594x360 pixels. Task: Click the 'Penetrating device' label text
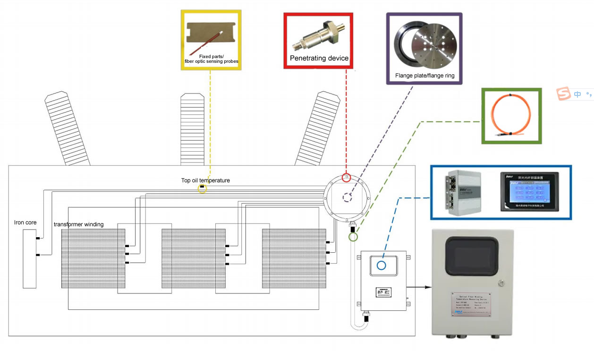click(319, 59)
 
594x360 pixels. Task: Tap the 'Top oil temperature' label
click(205, 180)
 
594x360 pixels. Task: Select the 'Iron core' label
click(25, 223)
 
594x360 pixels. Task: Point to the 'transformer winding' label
click(78, 224)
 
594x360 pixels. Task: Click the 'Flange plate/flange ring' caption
click(424, 76)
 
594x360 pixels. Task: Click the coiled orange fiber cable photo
click(511, 115)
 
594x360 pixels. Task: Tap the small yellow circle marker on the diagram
click(202, 189)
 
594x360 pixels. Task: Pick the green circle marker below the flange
click(353, 236)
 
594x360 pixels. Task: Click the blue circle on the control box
click(381, 265)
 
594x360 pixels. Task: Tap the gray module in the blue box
click(462, 191)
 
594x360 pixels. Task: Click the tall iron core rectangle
click(29, 259)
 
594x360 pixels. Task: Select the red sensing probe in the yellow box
click(208, 42)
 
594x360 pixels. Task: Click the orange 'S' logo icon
click(563, 94)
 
